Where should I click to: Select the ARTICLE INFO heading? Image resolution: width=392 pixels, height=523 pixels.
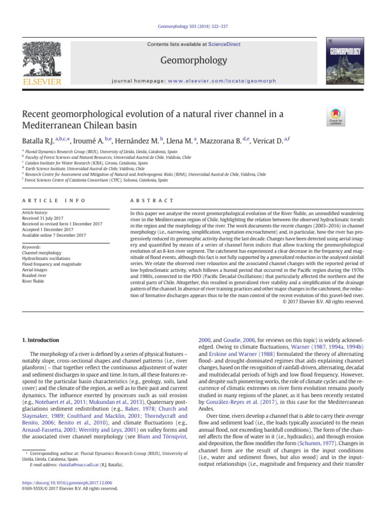pos(53,201)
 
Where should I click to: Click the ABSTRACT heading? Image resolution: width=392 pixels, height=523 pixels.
pos(152,201)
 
